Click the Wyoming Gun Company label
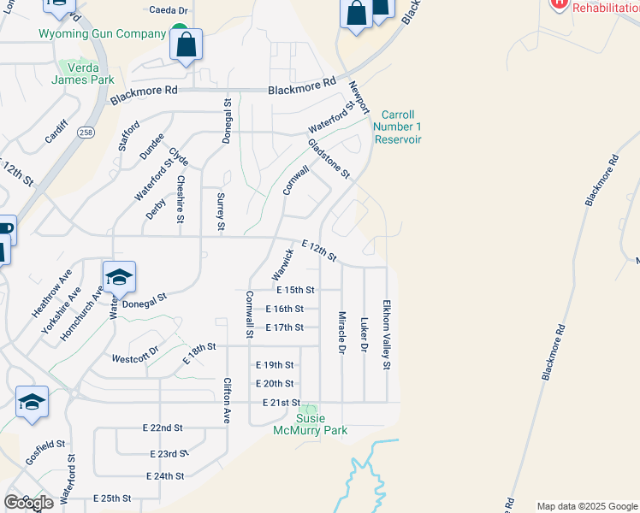[102, 34]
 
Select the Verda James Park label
[83, 73]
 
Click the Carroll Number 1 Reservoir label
[398, 127]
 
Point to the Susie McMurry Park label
[310, 425]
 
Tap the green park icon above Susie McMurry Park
[310, 410]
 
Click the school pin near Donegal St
[119, 277]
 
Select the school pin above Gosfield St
[32, 402]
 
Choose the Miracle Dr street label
[341, 334]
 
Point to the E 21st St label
[281, 403]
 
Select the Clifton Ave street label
[227, 401]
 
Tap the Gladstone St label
[329, 158]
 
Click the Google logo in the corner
[28, 503]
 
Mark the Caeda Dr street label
[169, 10]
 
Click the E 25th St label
[112, 498]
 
